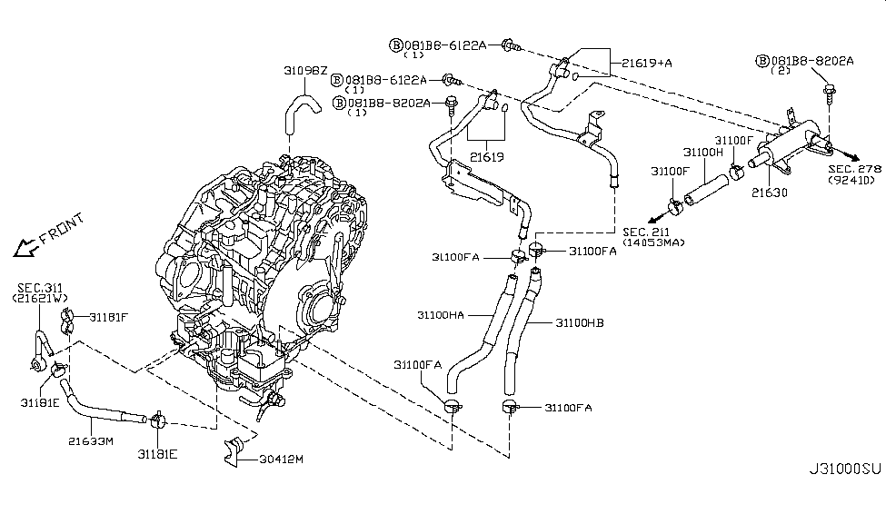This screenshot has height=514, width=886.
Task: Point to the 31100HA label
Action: (x=441, y=316)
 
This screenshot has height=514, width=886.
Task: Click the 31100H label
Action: (x=702, y=153)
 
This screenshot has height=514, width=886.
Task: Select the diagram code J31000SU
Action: (x=844, y=496)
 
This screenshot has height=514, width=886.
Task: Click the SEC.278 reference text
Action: (x=855, y=169)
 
